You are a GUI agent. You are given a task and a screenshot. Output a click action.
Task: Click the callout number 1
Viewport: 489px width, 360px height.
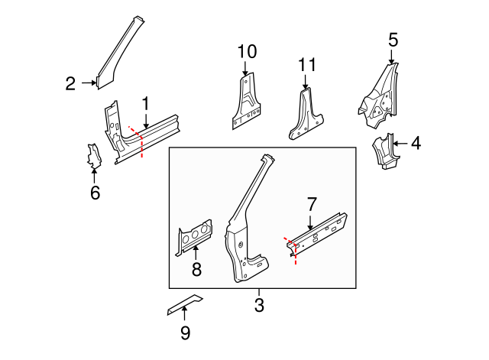[x=145, y=102]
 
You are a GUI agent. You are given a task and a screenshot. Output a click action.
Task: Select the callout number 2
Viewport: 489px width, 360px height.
[x=70, y=84]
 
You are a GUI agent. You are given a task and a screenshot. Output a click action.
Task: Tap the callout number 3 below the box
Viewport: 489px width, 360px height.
[x=258, y=306]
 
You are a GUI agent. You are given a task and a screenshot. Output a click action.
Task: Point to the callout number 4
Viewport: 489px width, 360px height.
[x=415, y=143]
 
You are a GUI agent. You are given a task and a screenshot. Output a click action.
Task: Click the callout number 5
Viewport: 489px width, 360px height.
[x=393, y=40]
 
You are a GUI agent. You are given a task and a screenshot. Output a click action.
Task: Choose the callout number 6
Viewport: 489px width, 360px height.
[x=95, y=193]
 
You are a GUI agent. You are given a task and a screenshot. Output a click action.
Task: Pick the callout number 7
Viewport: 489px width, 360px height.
[x=311, y=204]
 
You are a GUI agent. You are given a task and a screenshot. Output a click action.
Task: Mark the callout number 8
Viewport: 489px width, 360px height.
[x=196, y=269]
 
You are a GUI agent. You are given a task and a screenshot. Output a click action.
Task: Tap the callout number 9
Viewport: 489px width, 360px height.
[x=185, y=332]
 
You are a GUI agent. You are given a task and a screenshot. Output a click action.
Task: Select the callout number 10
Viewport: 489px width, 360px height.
[x=246, y=52]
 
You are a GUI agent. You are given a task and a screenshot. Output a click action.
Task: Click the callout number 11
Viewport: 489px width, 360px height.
[x=306, y=66]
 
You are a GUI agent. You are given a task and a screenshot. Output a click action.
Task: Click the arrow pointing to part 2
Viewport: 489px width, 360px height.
[x=87, y=84]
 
